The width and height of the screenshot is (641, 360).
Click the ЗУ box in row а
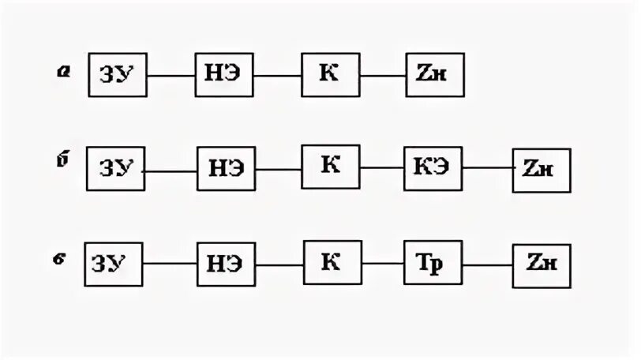click(118, 76)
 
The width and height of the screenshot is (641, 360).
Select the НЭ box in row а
click(224, 76)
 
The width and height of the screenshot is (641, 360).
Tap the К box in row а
click(330, 75)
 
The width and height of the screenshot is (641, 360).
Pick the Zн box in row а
click(435, 76)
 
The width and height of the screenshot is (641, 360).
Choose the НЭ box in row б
click(226, 169)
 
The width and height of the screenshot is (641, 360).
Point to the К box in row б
click(331, 166)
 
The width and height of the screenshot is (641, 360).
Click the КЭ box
click(433, 168)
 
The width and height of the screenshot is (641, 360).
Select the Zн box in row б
click(541, 170)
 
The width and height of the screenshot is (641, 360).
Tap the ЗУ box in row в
click(114, 264)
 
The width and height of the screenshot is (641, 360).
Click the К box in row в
click(332, 263)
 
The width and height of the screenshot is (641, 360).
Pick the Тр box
click(433, 264)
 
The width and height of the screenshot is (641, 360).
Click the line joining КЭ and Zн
click(487, 168)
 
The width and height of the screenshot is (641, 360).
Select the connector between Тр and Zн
click(487, 264)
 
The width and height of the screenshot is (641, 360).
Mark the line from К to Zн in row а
click(382, 76)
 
